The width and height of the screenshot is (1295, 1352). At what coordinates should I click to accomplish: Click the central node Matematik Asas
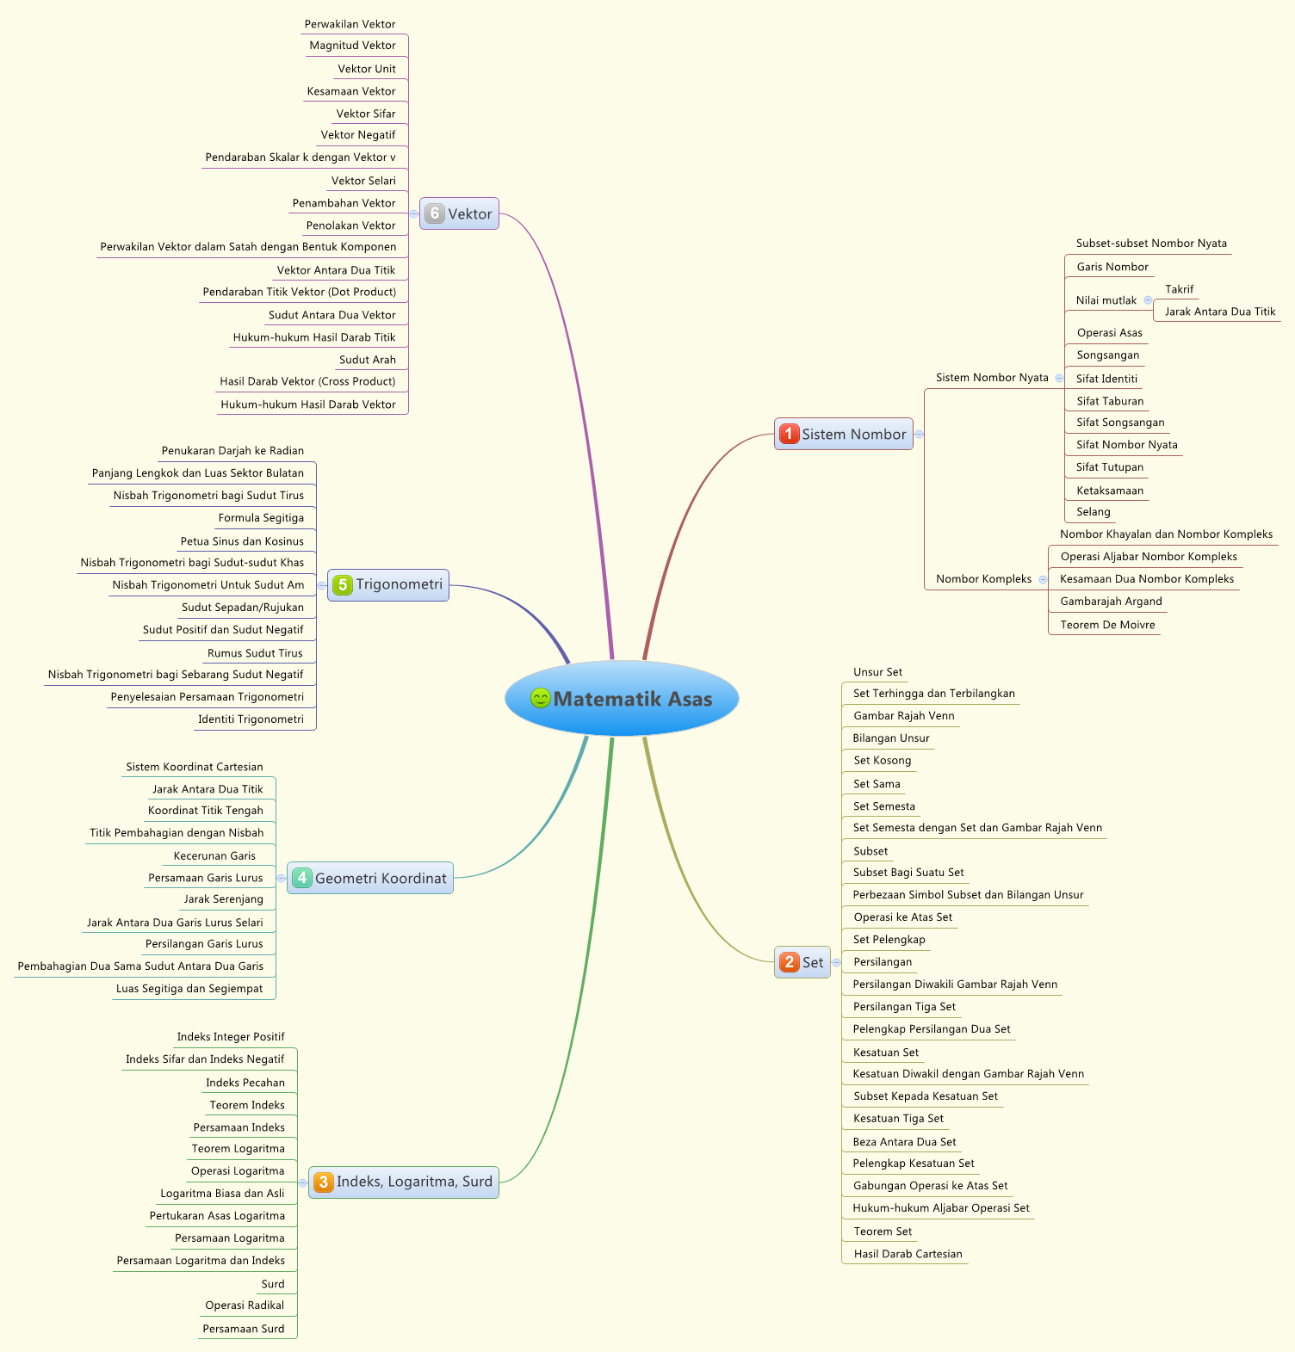click(632, 699)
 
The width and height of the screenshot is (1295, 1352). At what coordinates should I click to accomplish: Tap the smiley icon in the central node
click(540, 698)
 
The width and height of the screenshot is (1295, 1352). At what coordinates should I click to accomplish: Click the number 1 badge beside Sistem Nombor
click(789, 434)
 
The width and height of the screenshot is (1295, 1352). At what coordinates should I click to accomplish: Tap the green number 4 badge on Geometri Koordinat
click(301, 878)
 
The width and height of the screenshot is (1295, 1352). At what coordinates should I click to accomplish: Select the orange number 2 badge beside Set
click(789, 962)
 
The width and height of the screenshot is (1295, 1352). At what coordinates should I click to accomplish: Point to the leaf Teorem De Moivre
click(1107, 625)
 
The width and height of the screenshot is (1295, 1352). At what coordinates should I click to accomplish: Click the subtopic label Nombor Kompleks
click(983, 579)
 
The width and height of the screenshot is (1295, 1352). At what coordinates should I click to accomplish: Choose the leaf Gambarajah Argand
click(1111, 602)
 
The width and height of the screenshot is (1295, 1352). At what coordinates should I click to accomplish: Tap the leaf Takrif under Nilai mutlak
click(1179, 289)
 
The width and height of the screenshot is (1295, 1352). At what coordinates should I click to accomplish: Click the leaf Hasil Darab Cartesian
click(908, 1254)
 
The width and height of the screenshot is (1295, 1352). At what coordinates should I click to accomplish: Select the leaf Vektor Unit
click(367, 69)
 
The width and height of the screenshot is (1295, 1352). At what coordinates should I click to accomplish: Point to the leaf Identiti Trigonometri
click(251, 719)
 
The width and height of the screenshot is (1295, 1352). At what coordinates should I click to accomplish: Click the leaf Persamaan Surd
click(244, 1329)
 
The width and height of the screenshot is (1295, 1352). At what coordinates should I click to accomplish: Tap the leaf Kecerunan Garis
click(214, 856)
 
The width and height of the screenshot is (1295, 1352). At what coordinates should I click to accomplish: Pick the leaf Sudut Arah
click(368, 360)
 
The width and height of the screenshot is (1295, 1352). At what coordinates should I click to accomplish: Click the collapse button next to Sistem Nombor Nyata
click(1059, 378)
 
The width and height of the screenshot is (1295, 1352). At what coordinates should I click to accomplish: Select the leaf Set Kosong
click(882, 761)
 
